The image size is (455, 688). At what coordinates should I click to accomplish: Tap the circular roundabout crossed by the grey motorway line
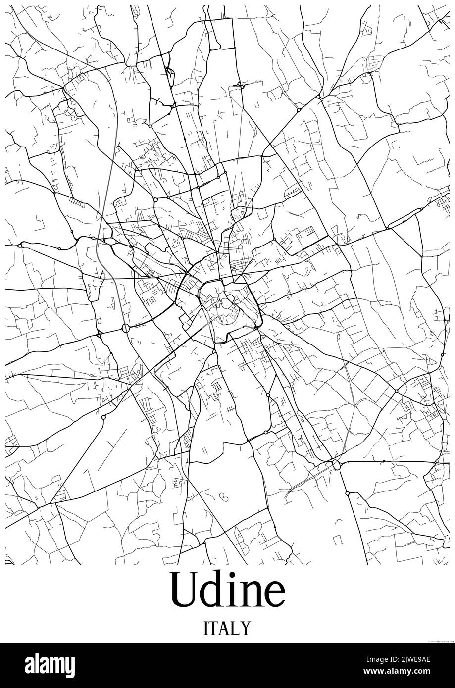tap(125, 327)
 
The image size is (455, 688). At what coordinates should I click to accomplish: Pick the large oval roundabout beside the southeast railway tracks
tap(337, 464)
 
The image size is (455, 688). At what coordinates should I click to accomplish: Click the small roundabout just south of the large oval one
tap(347, 493)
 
